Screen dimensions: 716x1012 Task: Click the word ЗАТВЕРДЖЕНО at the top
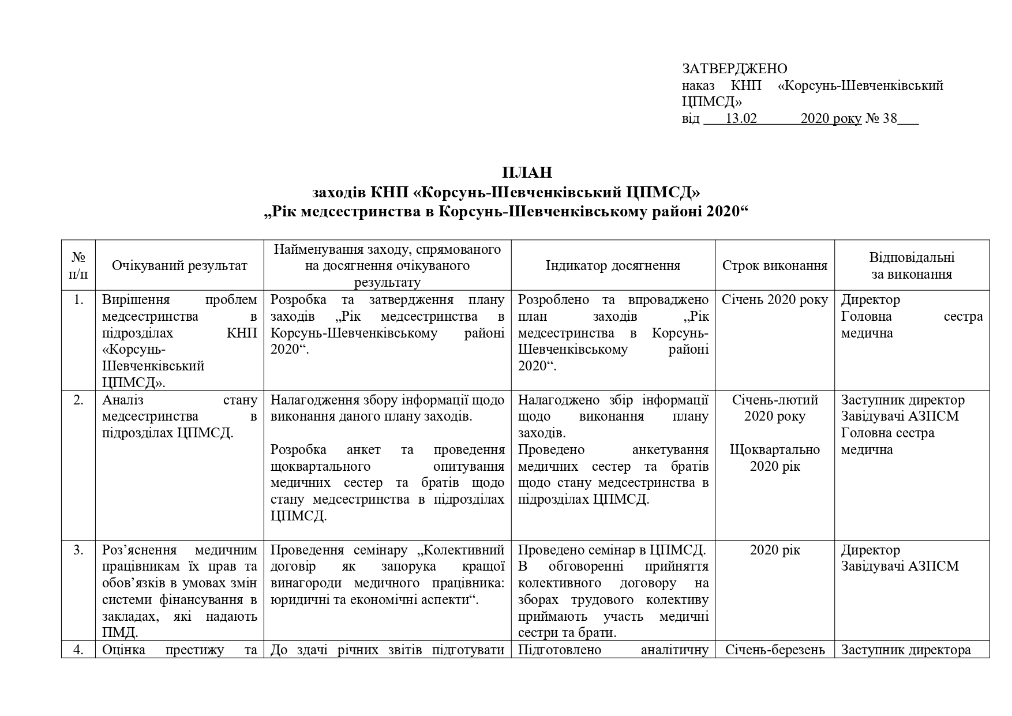pos(734,69)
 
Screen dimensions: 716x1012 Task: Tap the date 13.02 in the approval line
pos(741,119)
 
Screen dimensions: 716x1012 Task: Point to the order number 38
pos(890,119)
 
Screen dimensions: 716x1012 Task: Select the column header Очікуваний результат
pos(179,265)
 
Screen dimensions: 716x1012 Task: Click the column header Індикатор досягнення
pos(613,265)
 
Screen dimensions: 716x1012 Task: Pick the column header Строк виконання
pos(775,265)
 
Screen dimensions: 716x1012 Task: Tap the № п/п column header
pos(78,265)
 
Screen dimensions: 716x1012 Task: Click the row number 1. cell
pos(78,299)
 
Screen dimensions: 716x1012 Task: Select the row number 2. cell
pos(78,400)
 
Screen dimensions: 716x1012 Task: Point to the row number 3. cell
pos(78,550)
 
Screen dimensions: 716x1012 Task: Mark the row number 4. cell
pos(78,650)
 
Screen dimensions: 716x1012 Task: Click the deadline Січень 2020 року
pos(775,299)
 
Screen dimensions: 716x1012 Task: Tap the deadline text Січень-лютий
pos(775,400)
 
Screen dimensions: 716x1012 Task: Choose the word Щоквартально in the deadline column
pos(775,449)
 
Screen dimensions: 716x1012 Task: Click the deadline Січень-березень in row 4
pos(775,650)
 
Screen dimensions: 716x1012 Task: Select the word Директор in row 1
pos(870,299)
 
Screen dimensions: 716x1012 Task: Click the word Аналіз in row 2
pos(123,400)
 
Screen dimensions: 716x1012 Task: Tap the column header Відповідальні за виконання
pos(912,265)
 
